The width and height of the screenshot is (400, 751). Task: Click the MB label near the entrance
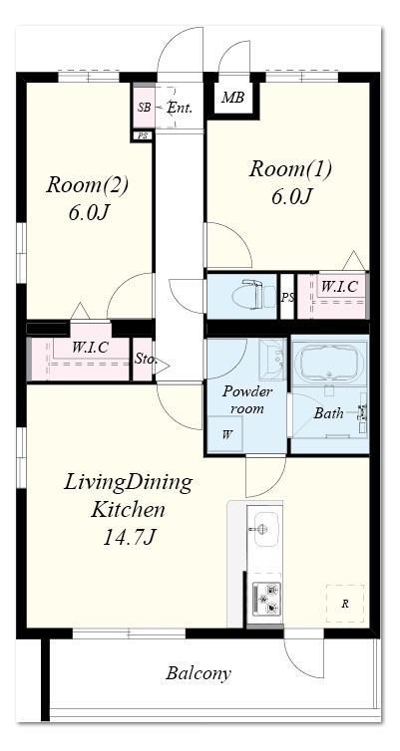tap(232, 98)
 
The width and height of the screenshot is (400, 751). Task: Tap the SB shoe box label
tap(144, 108)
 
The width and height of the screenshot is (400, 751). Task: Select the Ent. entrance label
tap(180, 108)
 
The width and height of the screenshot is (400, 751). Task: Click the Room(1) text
tap(290, 170)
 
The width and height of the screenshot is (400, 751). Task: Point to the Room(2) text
tap(88, 185)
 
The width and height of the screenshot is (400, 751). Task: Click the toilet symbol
tap(248, 295)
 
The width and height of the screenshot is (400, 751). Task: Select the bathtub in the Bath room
tap(329, 362)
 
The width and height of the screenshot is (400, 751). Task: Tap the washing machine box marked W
tap(224, 434)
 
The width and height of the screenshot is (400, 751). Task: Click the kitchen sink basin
tap(265, 529)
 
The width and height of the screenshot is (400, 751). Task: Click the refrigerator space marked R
tap(345, 604)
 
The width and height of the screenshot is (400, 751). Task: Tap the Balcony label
tap(199, 673)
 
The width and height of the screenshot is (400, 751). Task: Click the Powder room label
tap(247, 400)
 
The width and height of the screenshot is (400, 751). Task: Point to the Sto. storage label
tap(146, 360)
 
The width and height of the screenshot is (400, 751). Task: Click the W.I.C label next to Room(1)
tap(338, 287)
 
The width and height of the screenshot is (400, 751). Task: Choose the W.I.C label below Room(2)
tap(90, 347)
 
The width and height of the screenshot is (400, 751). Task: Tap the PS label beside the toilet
tap(287, 297)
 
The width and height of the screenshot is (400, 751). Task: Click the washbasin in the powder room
tap(272, 359)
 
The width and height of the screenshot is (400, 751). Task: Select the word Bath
tap(328, 413)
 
